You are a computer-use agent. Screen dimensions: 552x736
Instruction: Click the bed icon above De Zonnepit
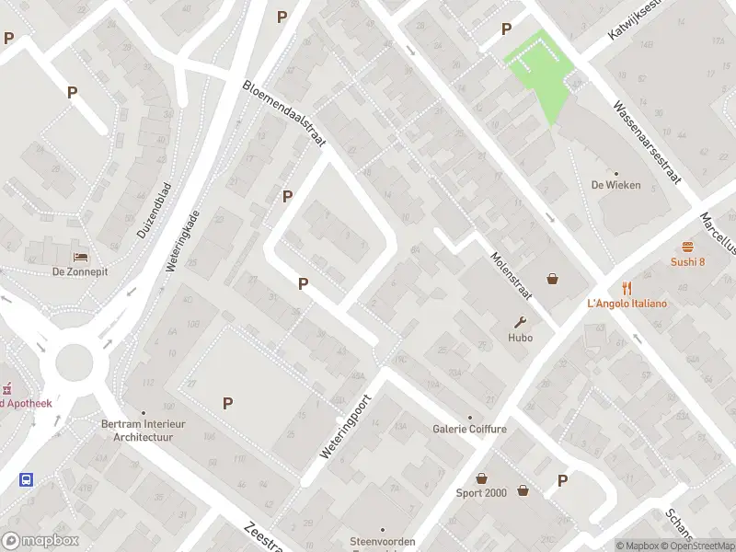82,256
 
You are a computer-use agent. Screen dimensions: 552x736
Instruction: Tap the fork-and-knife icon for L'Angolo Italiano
627,287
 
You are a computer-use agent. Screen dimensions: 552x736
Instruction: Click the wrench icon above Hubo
522,322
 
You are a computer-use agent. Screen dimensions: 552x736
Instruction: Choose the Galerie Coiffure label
469,429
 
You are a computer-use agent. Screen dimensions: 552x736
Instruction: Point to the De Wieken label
615,184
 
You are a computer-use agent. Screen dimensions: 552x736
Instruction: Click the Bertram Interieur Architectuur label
143,431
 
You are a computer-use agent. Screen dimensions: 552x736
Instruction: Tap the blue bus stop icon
27,479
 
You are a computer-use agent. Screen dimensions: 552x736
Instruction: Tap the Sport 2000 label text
481,492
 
